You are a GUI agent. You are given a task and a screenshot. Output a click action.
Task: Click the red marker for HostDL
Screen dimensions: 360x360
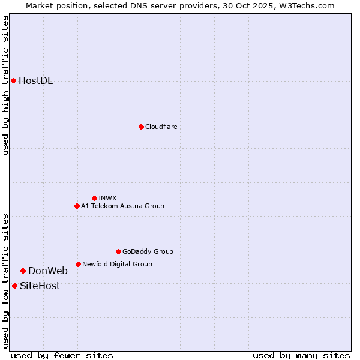(13, 80)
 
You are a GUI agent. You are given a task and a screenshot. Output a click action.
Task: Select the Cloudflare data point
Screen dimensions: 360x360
(141, 127)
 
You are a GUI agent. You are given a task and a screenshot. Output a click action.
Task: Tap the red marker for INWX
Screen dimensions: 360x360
(94, 198)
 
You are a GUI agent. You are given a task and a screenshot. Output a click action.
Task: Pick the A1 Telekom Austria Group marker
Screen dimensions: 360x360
(77, 206)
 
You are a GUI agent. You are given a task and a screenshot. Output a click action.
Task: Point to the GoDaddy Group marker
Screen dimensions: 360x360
(118, 251)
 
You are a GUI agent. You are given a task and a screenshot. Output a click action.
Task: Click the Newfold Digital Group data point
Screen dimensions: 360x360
(78, 264)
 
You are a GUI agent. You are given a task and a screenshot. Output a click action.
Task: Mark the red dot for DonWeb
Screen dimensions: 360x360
(23, 271)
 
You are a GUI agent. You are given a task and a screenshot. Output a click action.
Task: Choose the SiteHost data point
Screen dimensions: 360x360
(14, 286)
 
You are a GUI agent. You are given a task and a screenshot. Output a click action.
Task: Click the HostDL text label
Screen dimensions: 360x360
(35, 81)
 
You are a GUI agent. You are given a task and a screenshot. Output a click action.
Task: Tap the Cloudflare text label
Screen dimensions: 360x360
(161, 127)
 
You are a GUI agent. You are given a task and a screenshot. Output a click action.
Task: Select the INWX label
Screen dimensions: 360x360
(107, 198)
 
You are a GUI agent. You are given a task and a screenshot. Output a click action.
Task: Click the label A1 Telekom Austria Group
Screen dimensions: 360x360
(122, 206)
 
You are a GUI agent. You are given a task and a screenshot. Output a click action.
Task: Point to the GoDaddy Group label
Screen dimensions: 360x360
(148, 251)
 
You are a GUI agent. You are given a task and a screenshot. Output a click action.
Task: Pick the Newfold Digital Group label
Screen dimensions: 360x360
(117, 264)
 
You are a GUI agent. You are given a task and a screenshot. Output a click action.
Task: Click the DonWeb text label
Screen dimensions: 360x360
(48, 271)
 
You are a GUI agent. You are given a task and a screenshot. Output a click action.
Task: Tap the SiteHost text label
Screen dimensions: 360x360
(40, 286)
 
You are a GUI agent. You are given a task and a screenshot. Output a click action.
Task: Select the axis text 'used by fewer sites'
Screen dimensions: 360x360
(62, 355)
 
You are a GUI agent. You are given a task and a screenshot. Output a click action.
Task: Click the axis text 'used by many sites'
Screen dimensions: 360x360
(301, 355)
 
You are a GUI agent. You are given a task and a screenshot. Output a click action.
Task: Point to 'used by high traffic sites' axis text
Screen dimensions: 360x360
(5, 85)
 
